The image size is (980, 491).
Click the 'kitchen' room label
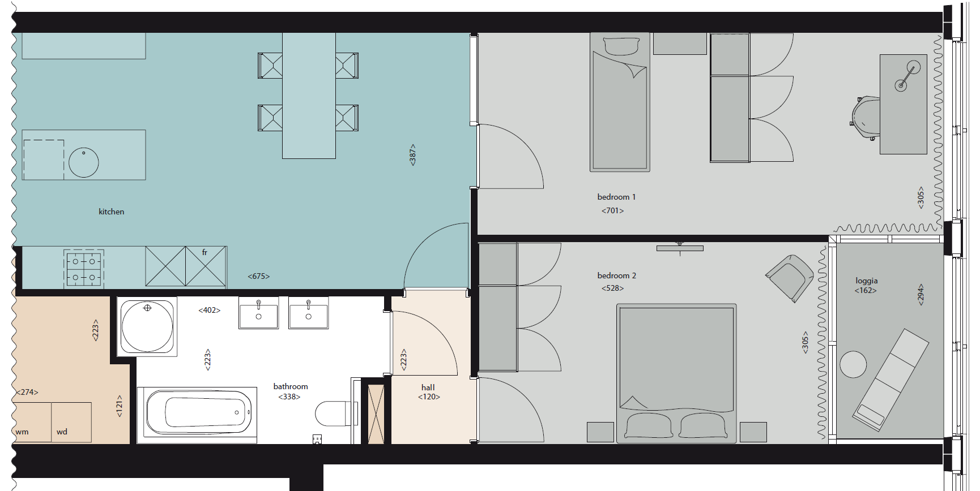[111, 212]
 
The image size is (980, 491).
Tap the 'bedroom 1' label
[616, 197]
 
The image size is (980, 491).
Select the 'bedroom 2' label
[616, 275]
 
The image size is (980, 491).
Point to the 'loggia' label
[866, 281]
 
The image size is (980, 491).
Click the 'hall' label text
[428, 387]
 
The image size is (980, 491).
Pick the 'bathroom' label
[291, 386]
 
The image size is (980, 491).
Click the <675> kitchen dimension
[258, 276]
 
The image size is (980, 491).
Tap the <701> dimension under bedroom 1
[612, 210]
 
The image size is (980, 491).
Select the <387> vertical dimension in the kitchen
[412, 154]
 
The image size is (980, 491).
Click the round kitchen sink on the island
[84, 162]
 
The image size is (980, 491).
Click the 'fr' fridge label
[204, 252]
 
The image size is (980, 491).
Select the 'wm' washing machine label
[22, 432]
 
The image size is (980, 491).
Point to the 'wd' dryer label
[62, 432]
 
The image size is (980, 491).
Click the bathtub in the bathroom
[198, 412]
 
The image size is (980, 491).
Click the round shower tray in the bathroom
[147, 326]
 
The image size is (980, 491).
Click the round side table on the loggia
[853, 364]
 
